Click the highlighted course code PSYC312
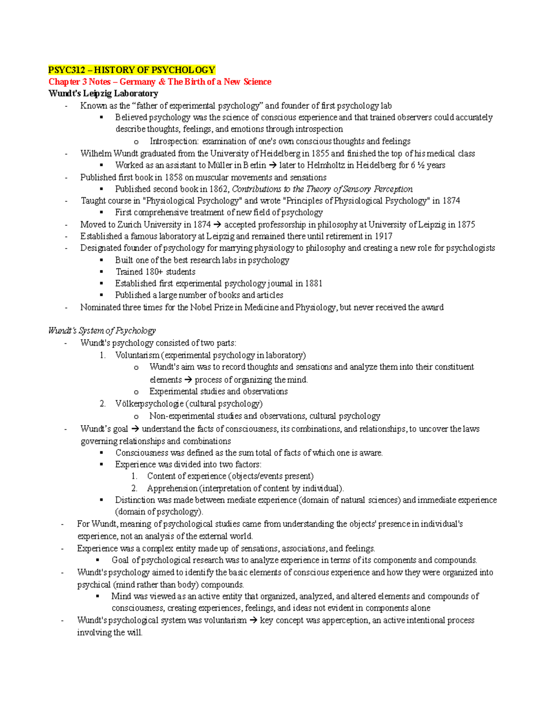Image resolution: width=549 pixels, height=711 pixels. coord(68,70)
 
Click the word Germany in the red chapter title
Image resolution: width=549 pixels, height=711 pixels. coord(137,82)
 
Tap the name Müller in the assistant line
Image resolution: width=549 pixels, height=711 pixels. coord(220,165)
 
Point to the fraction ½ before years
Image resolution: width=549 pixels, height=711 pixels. coord(420,165)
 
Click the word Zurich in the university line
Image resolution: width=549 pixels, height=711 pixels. coord(129,225)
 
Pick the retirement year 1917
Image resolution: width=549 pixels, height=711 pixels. coord(383,236)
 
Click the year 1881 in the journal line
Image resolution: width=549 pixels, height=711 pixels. coord(313,283)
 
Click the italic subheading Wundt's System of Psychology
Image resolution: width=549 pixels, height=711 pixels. coord(102,331)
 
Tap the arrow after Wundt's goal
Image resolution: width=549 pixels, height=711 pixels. coord(135,429)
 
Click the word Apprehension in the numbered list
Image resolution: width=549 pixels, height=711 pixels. coord(172,488)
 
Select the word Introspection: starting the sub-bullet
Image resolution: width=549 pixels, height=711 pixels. coord(174,141)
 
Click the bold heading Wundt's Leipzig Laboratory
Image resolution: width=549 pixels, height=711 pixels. coord(103,94)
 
